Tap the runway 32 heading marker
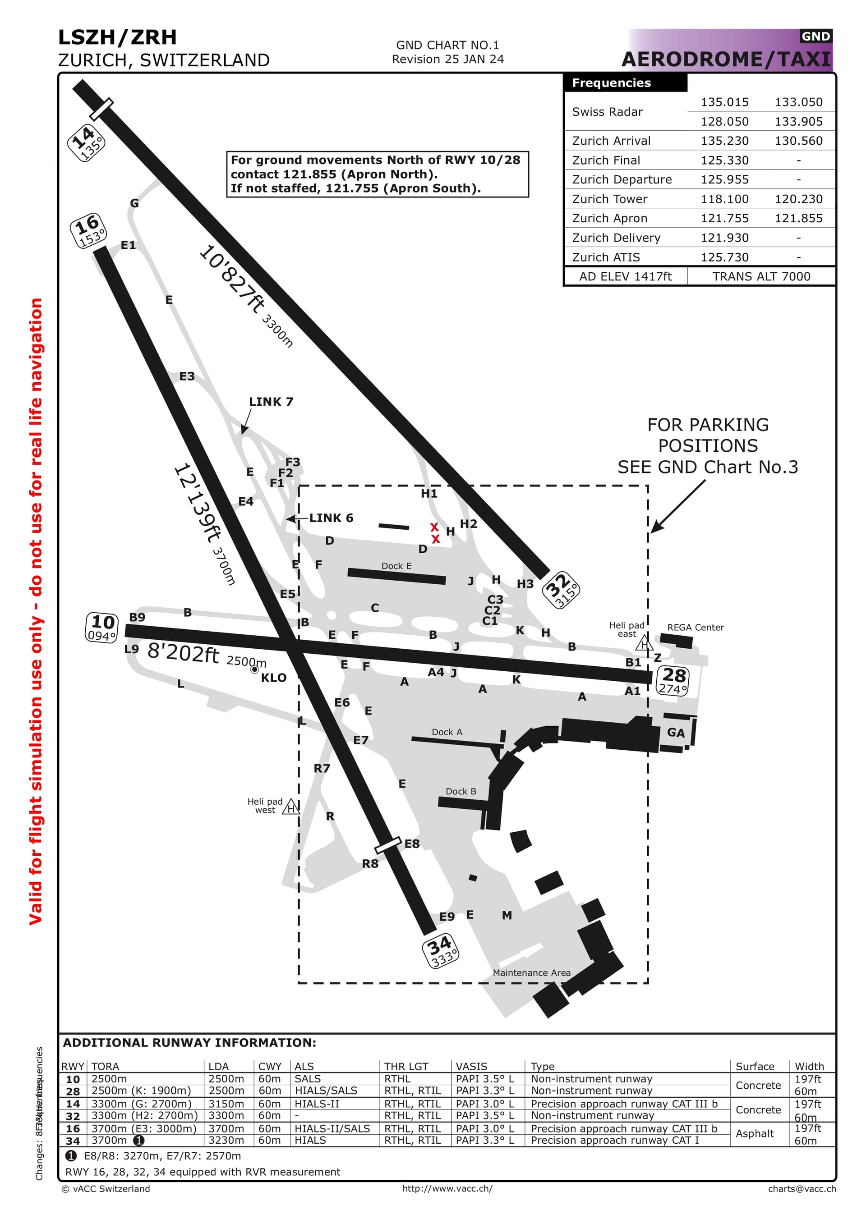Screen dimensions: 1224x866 point(561,590)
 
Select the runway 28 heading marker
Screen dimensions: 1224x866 point(673,681)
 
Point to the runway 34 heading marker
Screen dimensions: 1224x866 point(441,951)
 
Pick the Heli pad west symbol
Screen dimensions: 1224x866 point(290,807)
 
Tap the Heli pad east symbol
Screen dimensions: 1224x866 point(644,643)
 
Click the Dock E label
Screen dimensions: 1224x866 point(396,566)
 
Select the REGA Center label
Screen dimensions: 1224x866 point(696,628)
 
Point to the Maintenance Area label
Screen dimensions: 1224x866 point(531,973)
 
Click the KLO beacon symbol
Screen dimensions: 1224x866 point(255,669)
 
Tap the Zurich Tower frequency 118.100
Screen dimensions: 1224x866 point(724,199)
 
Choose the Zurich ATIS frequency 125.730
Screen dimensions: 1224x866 point(724,257)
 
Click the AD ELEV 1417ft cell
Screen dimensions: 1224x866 point(625,276)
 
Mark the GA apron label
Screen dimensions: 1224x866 point(676,733)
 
